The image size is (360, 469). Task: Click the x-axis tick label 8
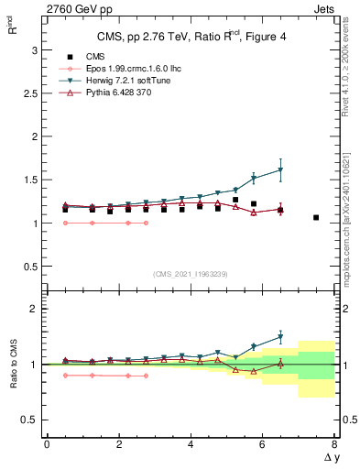pos(334,445)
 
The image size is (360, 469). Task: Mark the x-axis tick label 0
pos(47,445)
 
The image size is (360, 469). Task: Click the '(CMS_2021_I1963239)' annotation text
pos(191,274)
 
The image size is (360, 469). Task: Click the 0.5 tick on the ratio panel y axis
pos(30,420)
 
